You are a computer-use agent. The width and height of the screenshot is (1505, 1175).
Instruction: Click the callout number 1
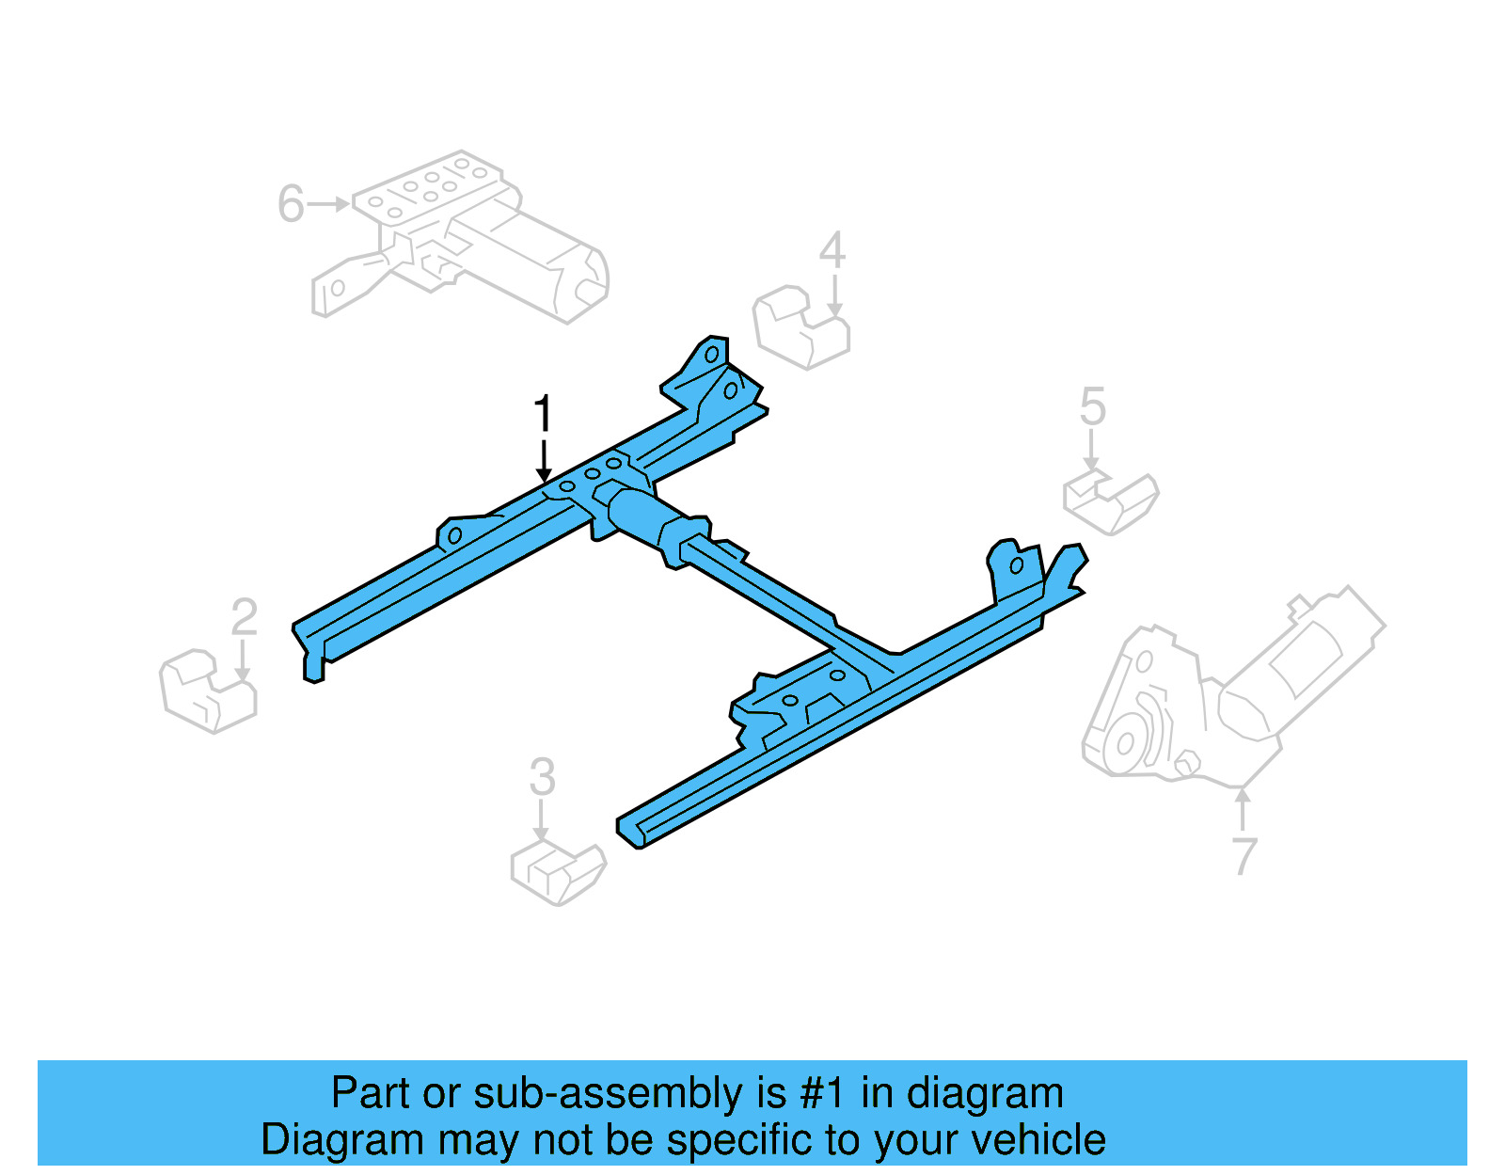click(543, 415)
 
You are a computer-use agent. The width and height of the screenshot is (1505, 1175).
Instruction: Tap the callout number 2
click(244, 618)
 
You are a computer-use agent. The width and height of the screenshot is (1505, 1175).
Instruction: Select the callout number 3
click(542, 778)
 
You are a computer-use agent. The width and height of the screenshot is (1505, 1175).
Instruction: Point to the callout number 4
click(832, 251)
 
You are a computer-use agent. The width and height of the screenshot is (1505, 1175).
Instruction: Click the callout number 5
click(1092, 406)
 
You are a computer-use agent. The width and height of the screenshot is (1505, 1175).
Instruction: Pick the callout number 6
click(291, 204)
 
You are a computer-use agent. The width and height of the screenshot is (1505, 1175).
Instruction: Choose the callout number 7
click(1244, 856)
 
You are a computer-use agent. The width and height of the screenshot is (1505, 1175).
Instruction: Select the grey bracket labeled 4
click(800, 328)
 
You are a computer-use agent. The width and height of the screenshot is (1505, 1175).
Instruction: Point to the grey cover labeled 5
click(1111, 502)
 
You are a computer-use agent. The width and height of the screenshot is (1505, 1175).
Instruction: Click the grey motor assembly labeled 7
click(1223, 696)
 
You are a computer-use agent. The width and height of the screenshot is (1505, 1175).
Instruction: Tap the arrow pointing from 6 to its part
click(328, 203)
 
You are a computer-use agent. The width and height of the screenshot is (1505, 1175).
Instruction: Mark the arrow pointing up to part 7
click(1243, 809)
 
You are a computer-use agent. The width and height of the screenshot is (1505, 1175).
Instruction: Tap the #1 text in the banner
click(823, 1094)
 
